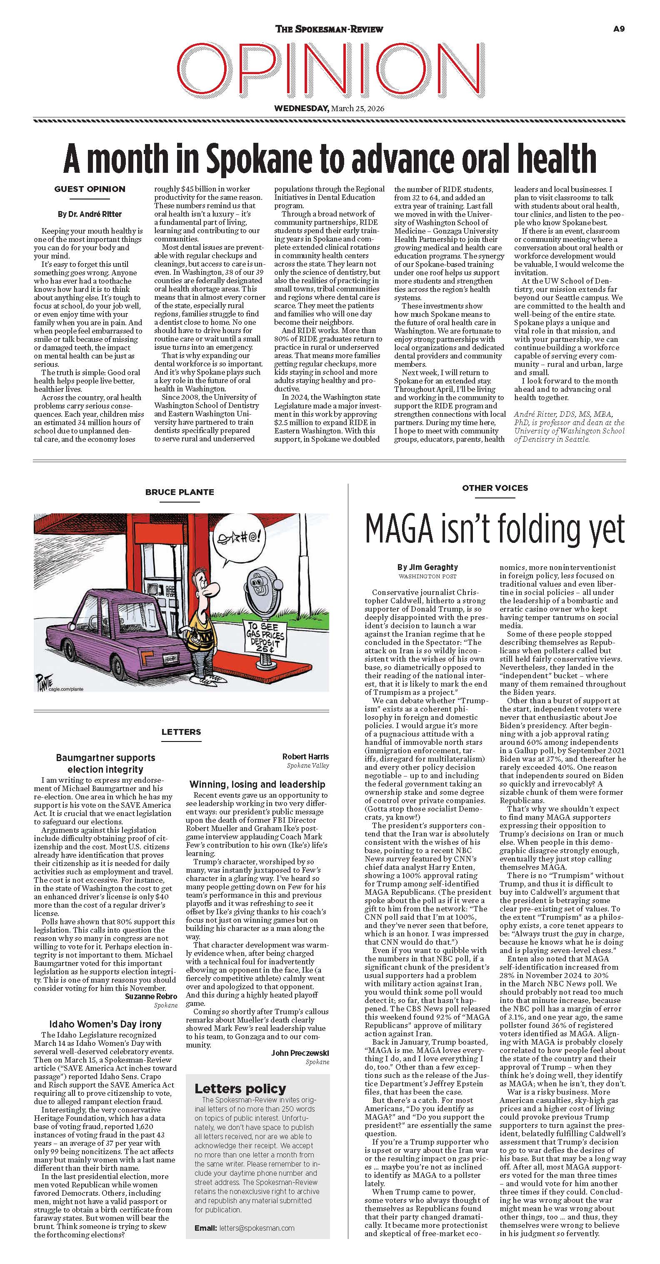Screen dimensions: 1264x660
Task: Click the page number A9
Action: pos(619,29)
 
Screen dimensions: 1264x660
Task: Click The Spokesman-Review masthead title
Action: pos(329,30)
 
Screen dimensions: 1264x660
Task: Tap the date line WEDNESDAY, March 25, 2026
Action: pos(329,108)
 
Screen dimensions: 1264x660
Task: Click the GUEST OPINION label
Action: pos(90,189)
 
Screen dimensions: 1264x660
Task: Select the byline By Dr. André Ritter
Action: pos(90,214)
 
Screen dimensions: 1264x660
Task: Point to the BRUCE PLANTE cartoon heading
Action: pos(180,492)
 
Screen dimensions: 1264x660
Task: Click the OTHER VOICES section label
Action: pos(495,488)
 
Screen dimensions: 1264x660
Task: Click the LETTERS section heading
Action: pos(181,732)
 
